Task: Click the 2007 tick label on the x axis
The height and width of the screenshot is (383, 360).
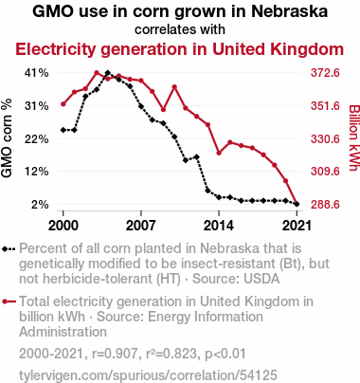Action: [x=141, y=226]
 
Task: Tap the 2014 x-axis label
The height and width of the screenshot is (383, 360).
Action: [x=219, y=226]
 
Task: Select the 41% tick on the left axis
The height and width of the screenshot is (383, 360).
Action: [x=37, y=73]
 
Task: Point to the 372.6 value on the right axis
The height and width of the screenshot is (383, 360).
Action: [x=325, y=73]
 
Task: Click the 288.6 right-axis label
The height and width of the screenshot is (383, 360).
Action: [x=325, y=205]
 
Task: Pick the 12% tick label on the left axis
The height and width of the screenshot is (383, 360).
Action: [x=37, y=172]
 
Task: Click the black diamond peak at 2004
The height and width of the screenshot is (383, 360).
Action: [x=108, y=73]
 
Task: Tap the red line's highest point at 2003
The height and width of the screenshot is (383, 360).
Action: [x=97, y=73]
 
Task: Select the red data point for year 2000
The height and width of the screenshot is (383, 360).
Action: [x=63, y=104]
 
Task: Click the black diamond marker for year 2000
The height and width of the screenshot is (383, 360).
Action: [x=63, y=130]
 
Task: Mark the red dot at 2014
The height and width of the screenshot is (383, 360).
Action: [x=219, y=153]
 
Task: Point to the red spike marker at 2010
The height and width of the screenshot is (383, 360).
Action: [x=174, y=87]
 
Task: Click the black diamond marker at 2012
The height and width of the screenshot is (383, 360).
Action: [x=197, y=156]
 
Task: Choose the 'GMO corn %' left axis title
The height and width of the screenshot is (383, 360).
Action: [x=7, y=138]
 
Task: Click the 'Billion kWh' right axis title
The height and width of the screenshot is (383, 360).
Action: [x=354, y=137]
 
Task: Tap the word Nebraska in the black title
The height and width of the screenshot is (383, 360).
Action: [x=289, y=11]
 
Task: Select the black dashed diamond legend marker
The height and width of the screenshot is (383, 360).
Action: [x=9, y=249]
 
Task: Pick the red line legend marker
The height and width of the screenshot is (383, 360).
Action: [x=9, y=301]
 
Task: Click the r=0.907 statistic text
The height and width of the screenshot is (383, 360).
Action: [x=115, y=354]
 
